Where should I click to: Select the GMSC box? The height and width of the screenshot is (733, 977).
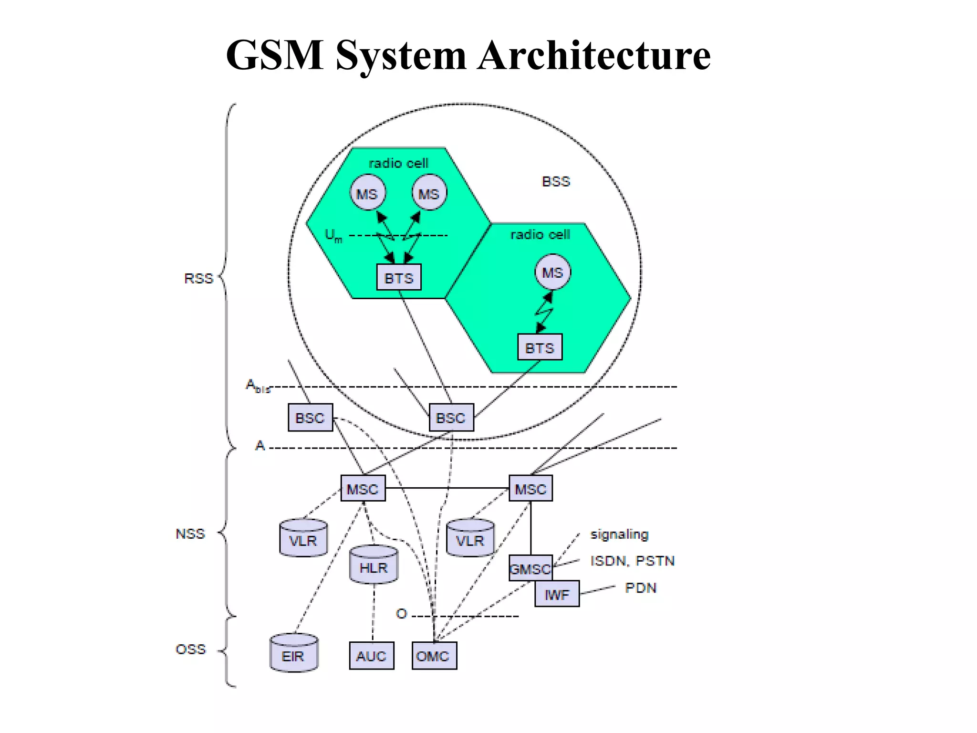click(530, 568)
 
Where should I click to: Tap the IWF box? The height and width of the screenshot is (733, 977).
click(557, 594)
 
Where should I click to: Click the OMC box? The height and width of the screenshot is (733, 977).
click(434, 656)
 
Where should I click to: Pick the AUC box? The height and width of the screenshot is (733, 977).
click(371, 656)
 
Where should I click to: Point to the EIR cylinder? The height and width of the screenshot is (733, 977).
click(293, 655)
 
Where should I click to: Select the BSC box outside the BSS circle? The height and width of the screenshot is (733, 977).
click(310, 418)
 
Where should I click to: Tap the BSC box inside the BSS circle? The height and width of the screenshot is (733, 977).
click(451, 418)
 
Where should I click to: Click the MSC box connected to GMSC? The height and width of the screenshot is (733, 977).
click(530, 488)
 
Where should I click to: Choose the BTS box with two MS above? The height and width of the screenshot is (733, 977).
click(399, 277)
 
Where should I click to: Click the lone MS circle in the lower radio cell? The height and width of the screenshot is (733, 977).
click(552, 272)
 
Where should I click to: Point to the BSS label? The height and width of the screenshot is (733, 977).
click(556, 181)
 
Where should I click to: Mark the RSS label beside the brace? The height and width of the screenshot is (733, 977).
click(198, 278)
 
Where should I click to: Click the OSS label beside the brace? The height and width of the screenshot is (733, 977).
click(191, 649)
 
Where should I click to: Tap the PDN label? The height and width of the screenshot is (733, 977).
click(641, 587)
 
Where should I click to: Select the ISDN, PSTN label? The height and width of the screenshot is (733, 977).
click(632, 561)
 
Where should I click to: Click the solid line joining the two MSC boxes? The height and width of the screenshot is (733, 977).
click(447, 488)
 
